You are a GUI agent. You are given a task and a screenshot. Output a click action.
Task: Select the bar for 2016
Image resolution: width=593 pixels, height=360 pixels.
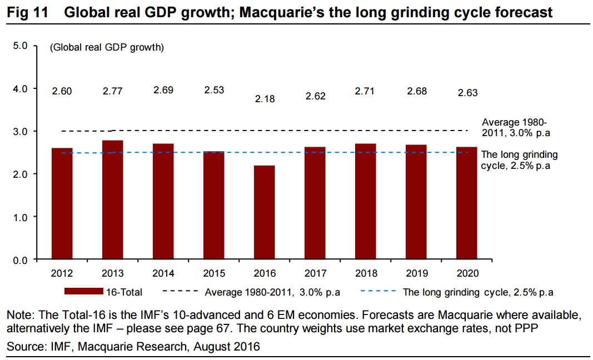tap(265, 212)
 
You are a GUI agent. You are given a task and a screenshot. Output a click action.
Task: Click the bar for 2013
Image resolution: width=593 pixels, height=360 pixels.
tap(113, 200)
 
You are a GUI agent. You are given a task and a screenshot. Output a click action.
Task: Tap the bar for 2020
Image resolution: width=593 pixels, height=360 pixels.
tap(467, 203)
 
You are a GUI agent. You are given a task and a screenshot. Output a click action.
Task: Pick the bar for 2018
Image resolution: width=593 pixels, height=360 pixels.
tap(366, 202)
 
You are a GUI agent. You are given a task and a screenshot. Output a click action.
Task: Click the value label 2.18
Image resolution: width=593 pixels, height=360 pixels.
tap(265, 99)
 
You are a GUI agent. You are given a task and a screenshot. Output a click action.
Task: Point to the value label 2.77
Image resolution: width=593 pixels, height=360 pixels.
tap(113, 91)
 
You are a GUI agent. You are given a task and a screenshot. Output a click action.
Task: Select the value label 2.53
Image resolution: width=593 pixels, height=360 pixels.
tap(214, 90)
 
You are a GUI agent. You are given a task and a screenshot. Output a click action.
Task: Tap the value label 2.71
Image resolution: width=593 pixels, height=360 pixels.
tap(366, 90)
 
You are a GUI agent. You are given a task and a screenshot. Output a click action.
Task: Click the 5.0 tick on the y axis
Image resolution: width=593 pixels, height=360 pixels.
tap(21, 46)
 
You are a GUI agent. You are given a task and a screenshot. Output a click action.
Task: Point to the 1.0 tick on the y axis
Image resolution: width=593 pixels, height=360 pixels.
tap(21, 217)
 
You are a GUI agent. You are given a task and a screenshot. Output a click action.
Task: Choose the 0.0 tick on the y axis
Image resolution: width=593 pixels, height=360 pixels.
tap(21, 259)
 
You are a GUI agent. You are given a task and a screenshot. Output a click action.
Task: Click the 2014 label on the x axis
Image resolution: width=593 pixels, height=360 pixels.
tap(163, 273)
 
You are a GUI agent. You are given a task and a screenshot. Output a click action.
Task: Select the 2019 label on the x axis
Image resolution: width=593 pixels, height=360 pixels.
tap(416, 273)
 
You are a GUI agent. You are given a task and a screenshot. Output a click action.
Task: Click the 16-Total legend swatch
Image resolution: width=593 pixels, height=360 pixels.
tap(83, 292)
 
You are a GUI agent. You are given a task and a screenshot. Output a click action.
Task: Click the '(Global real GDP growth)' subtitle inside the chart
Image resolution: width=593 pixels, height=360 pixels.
tap(107, 48)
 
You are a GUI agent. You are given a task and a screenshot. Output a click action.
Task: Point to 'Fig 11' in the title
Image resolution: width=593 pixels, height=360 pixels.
tap(27, 12)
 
